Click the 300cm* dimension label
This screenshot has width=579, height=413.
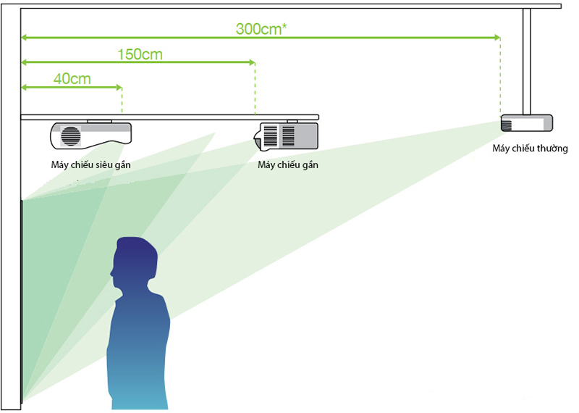point(261,29)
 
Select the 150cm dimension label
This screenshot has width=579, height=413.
point(140,54)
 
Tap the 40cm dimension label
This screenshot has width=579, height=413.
point(72,79)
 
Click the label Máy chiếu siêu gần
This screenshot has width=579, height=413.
point(91,164)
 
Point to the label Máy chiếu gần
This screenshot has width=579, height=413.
point(288,164)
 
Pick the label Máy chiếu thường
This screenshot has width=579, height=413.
point(530,149)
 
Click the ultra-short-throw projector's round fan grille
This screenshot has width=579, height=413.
point(70,136)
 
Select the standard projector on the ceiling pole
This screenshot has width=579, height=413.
point(527,123)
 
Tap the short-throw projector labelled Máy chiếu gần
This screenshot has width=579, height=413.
point(286,136)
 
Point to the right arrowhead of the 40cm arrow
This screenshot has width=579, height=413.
point(119,87)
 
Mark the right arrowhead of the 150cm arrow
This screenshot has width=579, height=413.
point(252,62)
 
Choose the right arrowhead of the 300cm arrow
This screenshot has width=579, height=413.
point(497,38)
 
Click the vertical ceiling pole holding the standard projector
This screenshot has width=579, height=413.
point(527,62)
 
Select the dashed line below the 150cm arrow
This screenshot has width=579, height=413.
point(255,89)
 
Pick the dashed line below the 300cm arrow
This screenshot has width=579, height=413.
point(500,78)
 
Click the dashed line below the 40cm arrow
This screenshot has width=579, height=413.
point(122,101)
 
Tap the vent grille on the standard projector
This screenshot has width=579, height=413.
point(506,125)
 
